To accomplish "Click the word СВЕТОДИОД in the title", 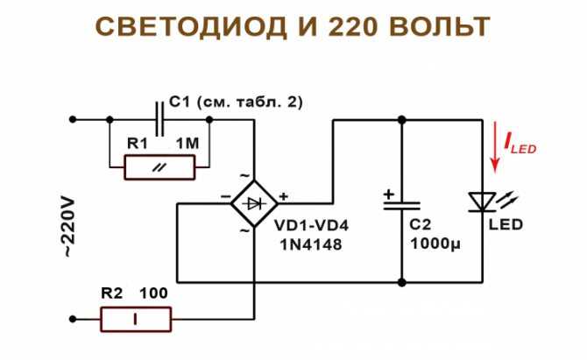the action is click(191, 27).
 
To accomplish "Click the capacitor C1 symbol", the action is click(159, 119).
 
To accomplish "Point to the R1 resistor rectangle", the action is click(159, 167).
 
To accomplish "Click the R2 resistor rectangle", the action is click(136, 319).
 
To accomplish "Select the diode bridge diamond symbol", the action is click(254, 203).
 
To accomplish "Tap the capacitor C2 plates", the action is click(401, 206).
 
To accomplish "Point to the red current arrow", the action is click(495, 146).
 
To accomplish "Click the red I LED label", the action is click(520, 144).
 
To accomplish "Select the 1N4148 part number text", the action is click(311, 244).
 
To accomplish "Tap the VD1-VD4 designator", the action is click(312, 226).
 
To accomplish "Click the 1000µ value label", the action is click(435, 244).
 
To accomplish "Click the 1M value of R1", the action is click(187, 144).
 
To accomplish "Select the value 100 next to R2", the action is click(154, 293).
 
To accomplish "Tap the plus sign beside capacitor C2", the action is click(389, 194).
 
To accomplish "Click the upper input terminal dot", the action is click(73, 119).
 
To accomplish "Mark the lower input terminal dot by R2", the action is click(73, 319).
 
